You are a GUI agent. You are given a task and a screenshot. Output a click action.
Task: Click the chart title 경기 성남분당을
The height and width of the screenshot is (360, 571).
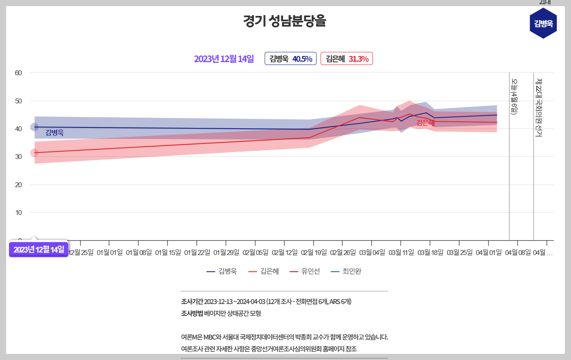coord(285,21)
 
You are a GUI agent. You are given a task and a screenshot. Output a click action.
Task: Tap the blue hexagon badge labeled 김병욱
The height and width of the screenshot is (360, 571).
coord(543,24)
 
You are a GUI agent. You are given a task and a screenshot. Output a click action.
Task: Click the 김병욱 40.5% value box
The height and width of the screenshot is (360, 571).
coord(290,59)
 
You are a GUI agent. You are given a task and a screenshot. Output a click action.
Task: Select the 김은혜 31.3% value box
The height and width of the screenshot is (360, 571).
coord(346,59)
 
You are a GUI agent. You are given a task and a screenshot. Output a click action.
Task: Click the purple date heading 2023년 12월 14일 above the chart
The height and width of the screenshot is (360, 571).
coord(224,59)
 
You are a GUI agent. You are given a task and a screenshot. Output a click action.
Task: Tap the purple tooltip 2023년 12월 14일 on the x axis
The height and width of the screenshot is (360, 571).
coord(39,249)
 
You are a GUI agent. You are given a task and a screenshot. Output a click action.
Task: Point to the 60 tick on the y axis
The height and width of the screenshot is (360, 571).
coord(18,73)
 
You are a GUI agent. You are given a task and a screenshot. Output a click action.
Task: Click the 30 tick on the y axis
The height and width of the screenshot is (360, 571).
coord(18,157)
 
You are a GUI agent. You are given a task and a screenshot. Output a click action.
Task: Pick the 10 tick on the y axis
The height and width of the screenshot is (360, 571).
coord(18,212)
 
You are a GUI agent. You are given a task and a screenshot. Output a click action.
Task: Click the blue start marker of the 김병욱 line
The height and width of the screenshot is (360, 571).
coord(34,127)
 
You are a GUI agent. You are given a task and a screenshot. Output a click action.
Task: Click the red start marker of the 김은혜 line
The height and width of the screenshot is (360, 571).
coord(34,153)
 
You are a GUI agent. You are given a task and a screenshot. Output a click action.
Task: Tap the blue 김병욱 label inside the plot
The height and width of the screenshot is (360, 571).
coord(54,133)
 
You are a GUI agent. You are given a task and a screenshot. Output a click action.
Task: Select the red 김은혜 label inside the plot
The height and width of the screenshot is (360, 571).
coord(425,123)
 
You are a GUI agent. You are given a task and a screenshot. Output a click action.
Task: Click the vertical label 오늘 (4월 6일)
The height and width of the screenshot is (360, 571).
coord(514,97)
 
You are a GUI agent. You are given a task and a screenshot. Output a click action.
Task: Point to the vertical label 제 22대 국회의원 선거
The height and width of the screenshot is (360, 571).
coord(539,107)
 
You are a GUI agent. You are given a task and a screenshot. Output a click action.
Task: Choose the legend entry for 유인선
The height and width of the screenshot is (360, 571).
coord(305,271)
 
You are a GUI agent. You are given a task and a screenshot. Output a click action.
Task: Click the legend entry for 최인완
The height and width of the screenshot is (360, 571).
coord(346,271)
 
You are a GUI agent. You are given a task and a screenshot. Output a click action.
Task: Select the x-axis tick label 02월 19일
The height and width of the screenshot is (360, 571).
coord(314,253)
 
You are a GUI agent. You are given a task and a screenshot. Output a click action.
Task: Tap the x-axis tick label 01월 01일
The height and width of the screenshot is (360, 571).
coord(109,253)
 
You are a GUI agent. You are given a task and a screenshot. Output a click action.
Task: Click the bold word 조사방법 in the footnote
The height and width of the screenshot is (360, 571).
coord(192,313)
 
